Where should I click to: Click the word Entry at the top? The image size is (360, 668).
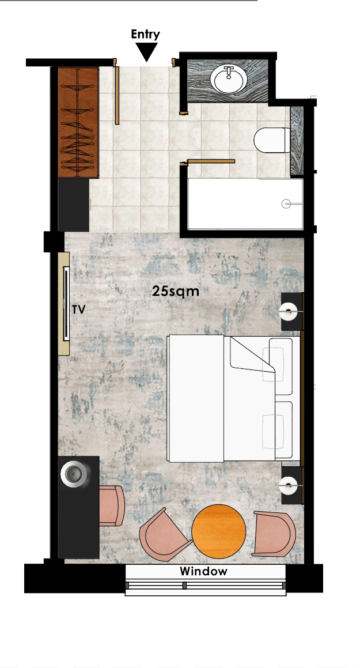tap(145, 35)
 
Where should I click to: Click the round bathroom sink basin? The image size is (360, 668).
tap(229, 79)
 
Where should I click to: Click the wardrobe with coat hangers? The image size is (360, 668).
tap(78, 122)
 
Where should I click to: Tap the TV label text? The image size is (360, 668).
tap(79, 310)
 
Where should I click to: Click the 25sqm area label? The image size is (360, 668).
tap(176, 292)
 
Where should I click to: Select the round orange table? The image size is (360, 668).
tap(219, 531)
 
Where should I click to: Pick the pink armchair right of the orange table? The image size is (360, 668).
tap(274, 534)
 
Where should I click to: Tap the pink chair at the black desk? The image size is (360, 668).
tap(112, 505)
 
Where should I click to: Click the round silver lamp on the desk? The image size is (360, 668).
tap(75, 474)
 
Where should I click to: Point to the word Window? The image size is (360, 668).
tap(203, 571)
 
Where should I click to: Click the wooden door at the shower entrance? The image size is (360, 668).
tap(211, 161)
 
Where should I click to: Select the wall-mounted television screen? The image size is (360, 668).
tap(66, 303)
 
